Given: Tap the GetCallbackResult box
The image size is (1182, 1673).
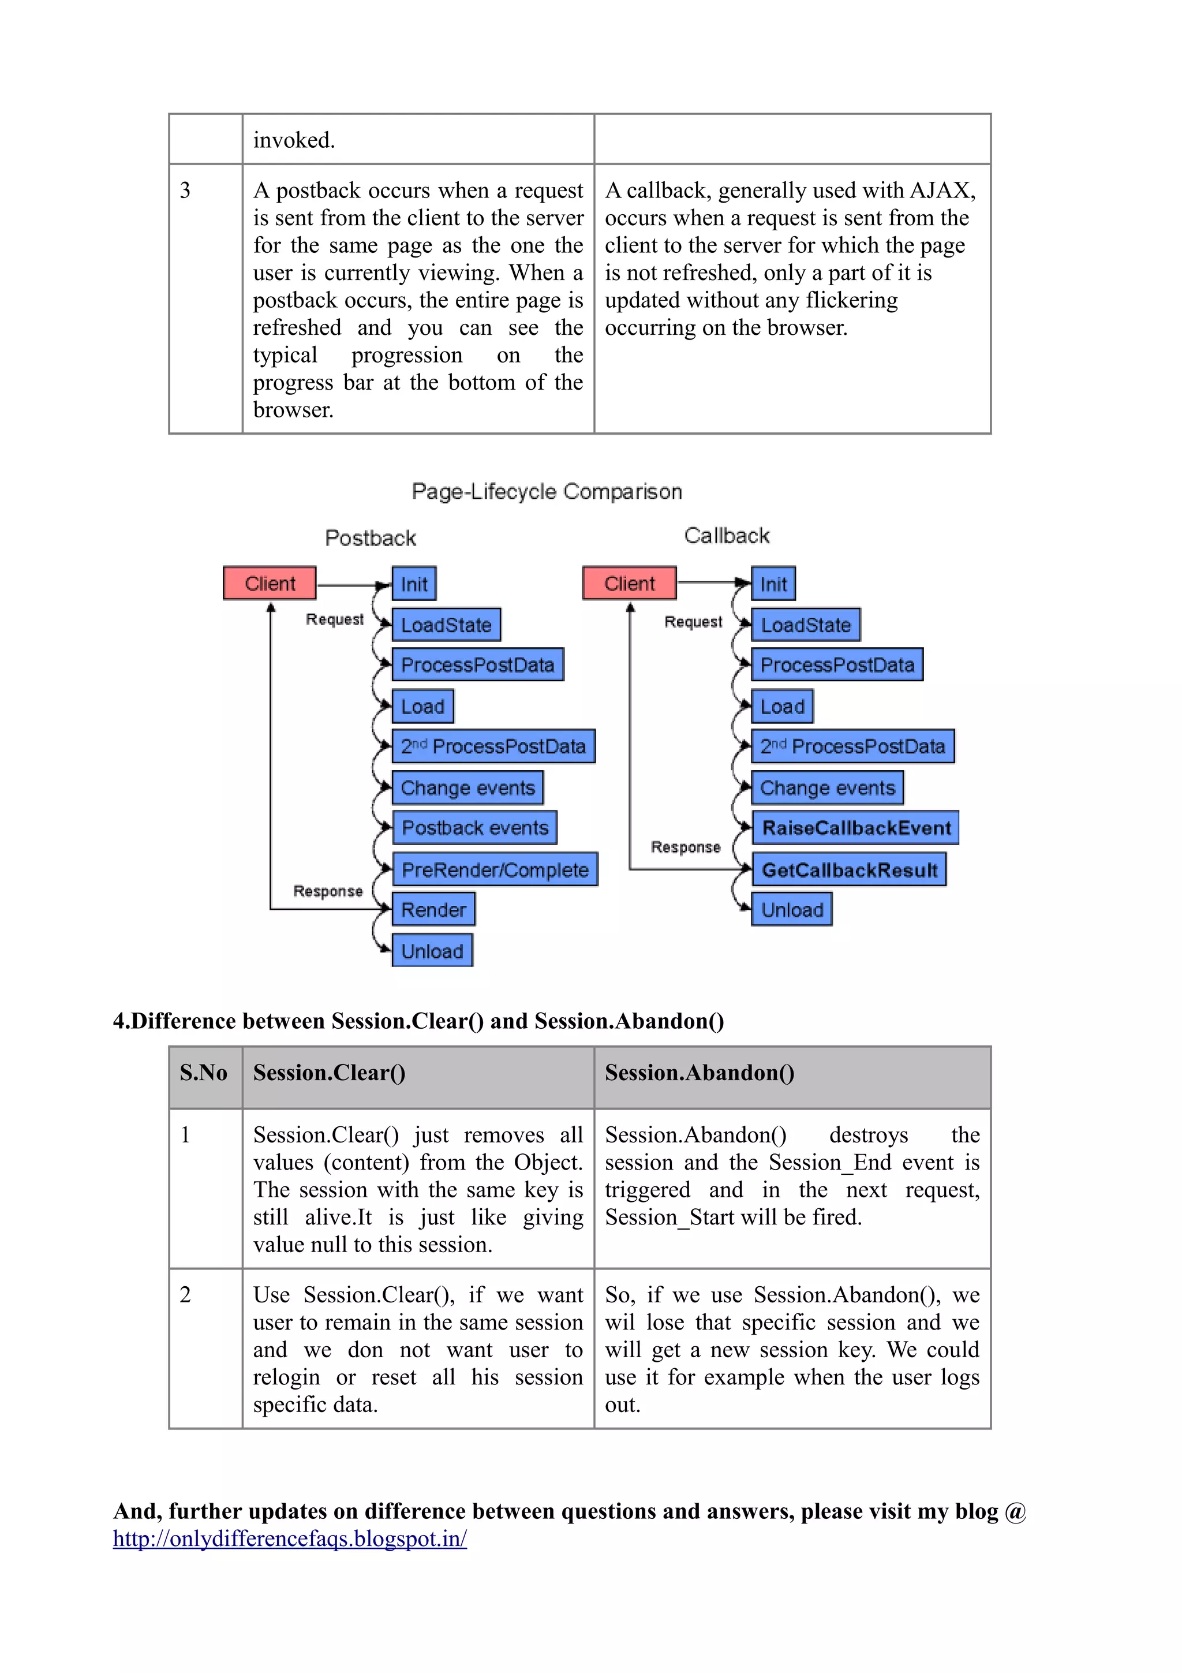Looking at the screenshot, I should click(848, 869).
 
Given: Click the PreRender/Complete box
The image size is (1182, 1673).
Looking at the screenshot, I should click(495, 869).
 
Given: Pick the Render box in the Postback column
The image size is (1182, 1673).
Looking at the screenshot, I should click(433, 909).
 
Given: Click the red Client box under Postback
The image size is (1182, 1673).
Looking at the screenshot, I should click(270, 583).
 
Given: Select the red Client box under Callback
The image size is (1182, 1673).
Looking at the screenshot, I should click(629, 583).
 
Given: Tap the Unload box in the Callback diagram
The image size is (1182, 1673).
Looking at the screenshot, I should click(792, 909).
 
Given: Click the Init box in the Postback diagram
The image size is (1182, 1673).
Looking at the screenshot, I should click(414, 584).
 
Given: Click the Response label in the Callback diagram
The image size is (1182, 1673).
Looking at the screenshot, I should click(685, 847).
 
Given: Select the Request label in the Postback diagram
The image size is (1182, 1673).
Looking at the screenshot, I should click(334, 619).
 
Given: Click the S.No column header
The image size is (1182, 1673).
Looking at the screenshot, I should click(203, 1072).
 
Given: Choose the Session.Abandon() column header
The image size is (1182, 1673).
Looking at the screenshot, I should click(699, 1072).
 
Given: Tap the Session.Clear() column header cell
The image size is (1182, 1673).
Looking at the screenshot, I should click(329, 1072).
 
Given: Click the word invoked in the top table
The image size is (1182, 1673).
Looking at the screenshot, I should click(294, 139).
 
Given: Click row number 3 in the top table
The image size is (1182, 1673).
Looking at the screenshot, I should click(186, 190).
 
